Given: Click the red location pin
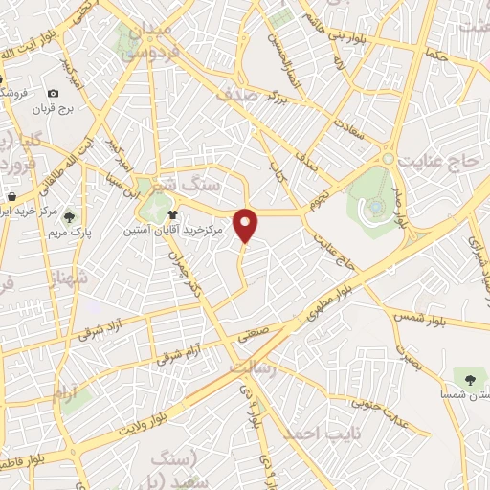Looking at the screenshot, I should pos(247,224).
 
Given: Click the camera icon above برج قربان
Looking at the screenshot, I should pos(53,93).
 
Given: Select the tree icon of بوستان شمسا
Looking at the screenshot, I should pos(468,372).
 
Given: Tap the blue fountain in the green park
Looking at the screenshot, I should pos(377,205).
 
